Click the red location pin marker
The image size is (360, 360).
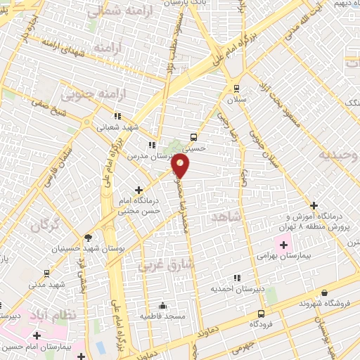181,166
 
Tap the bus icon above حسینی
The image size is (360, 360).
194,138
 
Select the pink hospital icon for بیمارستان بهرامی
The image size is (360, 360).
284,245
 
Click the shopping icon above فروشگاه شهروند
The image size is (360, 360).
324,292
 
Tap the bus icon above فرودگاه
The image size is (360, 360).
262,314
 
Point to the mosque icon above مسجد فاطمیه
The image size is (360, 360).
163,306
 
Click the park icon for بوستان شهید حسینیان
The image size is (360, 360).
87,238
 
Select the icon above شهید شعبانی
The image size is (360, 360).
117,116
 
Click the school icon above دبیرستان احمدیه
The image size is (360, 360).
236,278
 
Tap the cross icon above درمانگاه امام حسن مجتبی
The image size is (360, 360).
139,189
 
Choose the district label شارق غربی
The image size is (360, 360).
155,266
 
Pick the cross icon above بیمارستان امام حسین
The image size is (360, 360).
37,335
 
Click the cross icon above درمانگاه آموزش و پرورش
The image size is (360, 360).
314,205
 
